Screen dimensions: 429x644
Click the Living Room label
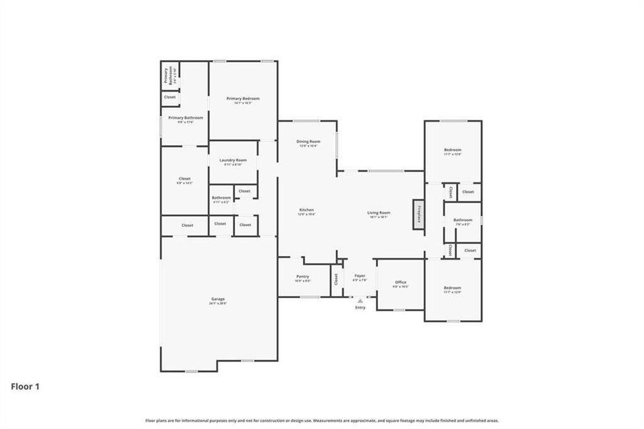click(379, 214)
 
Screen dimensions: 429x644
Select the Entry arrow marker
click(360, 302)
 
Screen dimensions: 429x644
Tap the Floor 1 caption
click(25, 387)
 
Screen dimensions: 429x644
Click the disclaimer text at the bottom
click(322, 420)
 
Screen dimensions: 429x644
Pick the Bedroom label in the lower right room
click(452, 289)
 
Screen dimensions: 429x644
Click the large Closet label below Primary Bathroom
click(184, 180)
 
